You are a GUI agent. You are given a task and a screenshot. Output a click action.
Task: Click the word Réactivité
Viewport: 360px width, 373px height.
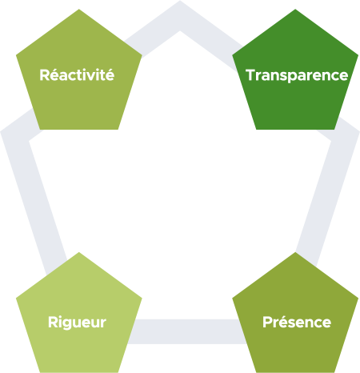77,74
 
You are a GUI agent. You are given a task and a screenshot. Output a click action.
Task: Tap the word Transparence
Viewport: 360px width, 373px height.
297,75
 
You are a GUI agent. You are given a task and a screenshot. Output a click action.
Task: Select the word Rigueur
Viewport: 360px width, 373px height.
77,323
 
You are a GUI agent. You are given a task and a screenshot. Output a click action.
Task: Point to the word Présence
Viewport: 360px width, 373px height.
297,322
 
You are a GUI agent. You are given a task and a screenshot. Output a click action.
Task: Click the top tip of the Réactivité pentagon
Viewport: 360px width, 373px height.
78,10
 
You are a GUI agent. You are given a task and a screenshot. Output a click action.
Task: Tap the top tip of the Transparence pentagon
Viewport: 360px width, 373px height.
295,10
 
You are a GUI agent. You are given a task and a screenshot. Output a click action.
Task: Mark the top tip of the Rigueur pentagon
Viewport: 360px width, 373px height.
78,252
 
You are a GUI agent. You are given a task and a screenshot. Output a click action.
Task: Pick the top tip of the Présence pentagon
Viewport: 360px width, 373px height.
295,252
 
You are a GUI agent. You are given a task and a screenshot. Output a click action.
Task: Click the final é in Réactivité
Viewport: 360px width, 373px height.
110,74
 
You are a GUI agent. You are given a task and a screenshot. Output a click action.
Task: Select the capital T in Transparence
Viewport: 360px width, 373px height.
250,74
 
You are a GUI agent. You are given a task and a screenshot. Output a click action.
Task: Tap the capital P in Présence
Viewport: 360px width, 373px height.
267,322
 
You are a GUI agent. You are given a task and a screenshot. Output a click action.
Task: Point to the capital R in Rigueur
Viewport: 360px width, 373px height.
53,322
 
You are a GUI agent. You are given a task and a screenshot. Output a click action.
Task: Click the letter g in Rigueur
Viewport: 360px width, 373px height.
67,324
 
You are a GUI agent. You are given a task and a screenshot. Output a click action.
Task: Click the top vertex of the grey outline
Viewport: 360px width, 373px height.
180,1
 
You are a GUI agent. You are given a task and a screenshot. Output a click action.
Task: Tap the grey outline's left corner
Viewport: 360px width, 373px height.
1,131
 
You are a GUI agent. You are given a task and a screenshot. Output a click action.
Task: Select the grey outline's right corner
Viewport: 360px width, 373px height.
359,131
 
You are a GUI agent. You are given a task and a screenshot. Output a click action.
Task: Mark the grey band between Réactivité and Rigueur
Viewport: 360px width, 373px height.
34,192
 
